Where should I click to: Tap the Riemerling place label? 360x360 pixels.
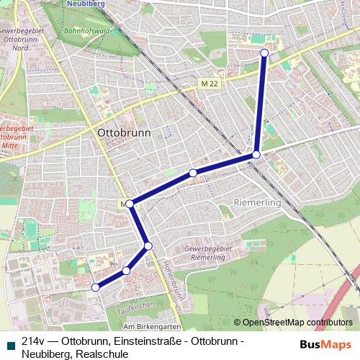pos(256,203)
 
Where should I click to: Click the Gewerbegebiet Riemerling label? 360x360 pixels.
pos(208,253)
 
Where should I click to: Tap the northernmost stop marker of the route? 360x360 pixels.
pos(264,53)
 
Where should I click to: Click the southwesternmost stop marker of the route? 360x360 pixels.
pos(95,287)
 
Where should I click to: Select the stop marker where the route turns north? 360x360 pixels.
pos(256,155)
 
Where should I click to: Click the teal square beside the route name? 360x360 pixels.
pos(9,344)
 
